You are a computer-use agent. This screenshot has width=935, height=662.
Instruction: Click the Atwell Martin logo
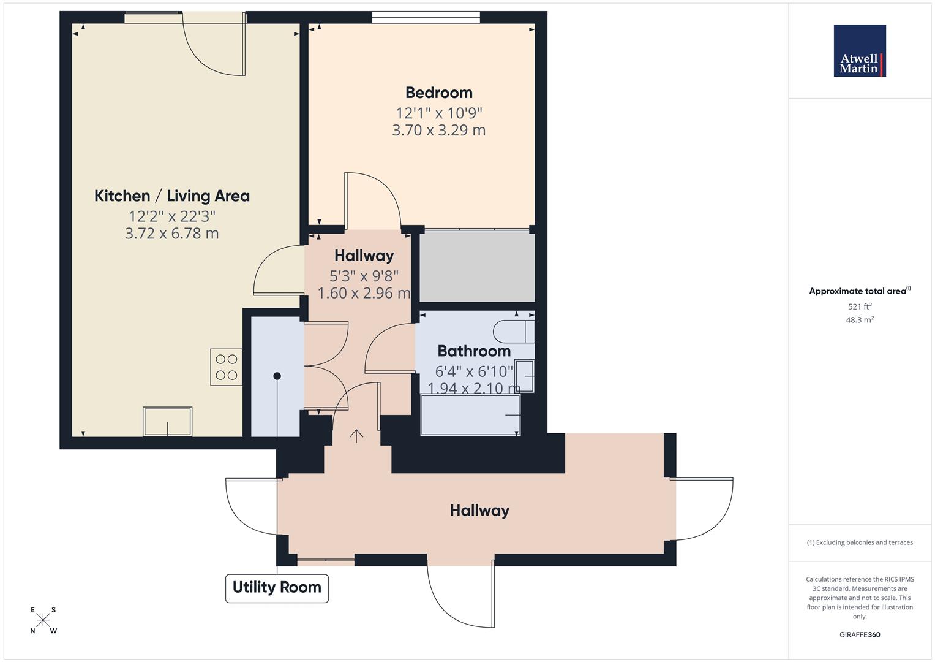859,51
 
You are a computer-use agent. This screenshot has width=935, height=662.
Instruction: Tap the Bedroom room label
438,93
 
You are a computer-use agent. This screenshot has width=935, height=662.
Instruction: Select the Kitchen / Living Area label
171,196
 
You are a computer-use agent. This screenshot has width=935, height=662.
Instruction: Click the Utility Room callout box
277,588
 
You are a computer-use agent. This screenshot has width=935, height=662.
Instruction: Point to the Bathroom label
473,351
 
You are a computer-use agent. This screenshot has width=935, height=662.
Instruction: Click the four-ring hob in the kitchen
226,367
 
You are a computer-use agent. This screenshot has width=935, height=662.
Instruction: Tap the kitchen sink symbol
167,421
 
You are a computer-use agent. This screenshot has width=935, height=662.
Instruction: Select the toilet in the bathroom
513,331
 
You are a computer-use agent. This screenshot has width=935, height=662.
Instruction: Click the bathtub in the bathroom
470,415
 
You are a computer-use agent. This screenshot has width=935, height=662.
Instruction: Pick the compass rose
43,620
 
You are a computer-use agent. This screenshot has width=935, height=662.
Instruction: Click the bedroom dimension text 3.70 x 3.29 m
438,130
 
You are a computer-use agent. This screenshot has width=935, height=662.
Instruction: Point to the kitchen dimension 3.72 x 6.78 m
171,234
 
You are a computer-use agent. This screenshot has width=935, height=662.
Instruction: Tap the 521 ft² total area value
859,306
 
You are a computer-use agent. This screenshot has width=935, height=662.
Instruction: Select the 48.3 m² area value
859,320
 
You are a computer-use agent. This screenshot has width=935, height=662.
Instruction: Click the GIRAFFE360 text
859,635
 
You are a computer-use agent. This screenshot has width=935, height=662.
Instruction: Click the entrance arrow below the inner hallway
356,435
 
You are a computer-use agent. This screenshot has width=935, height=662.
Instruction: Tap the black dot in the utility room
277,376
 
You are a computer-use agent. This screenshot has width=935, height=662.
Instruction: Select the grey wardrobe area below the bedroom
476,265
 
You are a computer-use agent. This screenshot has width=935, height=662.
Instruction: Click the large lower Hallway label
479,510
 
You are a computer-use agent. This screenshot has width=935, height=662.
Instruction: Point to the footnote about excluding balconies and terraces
859,542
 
